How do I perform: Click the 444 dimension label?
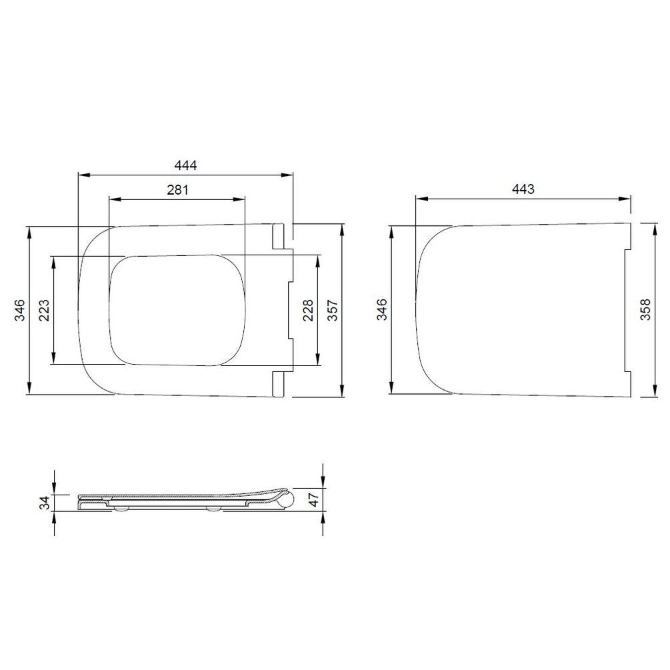(185, 165)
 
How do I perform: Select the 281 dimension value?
(177, 190)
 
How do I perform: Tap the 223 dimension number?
(45, 310)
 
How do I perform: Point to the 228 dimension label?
(308, 310)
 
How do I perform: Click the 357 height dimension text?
(333, 310)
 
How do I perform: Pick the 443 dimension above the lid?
(523, 189)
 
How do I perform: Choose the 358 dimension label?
(645, 309)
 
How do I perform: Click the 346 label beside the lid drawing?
(382, 309)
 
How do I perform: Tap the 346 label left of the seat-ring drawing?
(20, 310)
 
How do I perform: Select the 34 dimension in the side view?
(45, 503)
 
